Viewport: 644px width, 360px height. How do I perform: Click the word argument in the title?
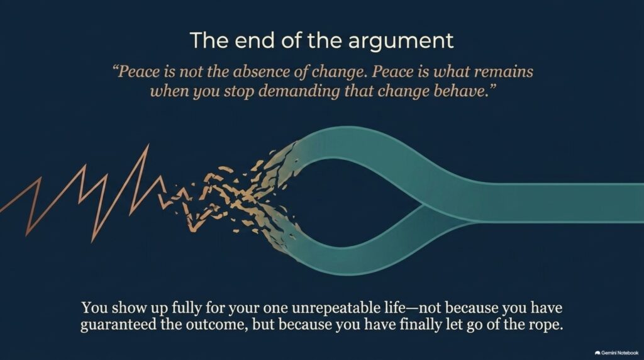[x=401, y=41]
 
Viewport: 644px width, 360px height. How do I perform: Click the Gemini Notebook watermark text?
[x=619, y=353]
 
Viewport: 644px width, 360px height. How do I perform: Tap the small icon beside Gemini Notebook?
[x=597, y=353]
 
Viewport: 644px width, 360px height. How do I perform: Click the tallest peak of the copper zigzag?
[x=148, y=145]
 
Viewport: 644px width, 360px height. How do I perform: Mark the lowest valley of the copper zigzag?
[x=93, y=241]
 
